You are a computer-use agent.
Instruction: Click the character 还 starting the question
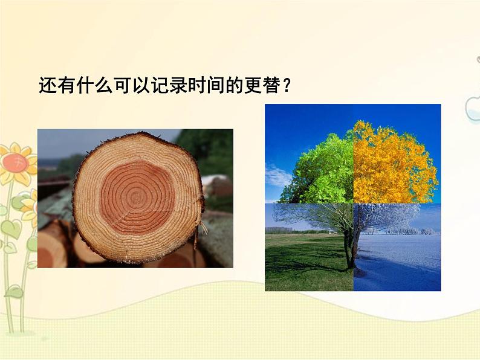click(47, 85)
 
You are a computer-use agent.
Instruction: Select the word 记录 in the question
click(171, 85)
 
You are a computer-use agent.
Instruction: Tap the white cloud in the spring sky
click(276, 176)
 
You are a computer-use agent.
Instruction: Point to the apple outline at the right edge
click(473, 109)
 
